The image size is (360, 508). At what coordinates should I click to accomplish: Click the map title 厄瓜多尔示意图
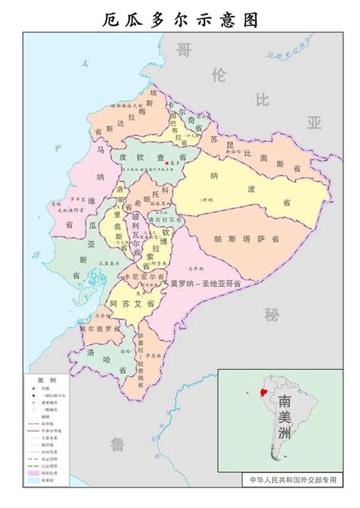pyautogui.click(x=179, y=19)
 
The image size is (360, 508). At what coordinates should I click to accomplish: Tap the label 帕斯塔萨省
pyautogui.click(x=245, y=239)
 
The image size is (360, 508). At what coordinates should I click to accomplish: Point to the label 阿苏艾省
pyautogui.click(x=128, y=303)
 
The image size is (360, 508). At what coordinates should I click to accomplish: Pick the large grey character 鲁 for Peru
pyautogui.click(x=117, y=443)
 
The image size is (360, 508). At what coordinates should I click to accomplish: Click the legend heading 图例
pyautogui.click(x=47, y=379)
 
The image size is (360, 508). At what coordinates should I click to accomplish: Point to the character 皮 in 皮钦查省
pyautogui.click(x=119, y=157)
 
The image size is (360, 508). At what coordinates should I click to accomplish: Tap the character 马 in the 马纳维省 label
pyautogui.click(x=100, y=150)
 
